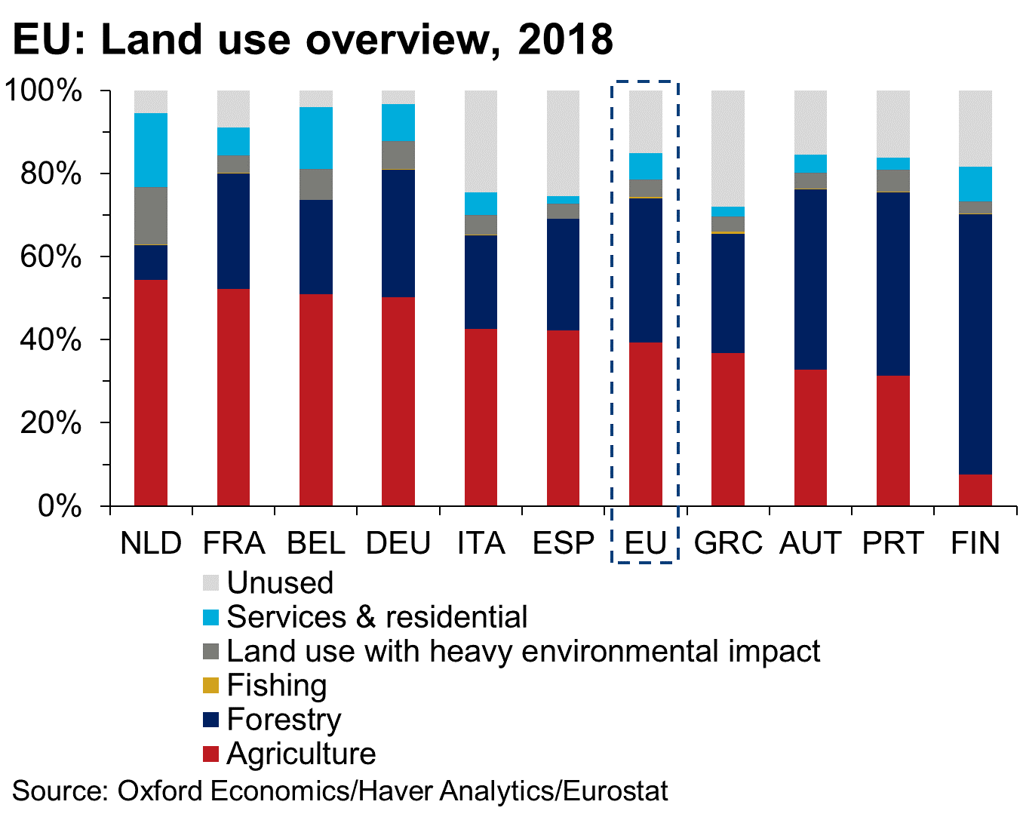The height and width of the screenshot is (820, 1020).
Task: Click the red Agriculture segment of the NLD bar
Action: [x=151, y=392]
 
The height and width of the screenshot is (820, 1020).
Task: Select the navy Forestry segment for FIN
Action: [x=975, y=344]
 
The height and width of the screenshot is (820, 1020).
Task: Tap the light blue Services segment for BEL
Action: [x=315, y=138]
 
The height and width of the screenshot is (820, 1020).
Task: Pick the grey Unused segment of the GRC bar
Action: [x=727, y=148]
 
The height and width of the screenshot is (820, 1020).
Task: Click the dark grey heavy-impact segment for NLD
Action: [x=151, y=215]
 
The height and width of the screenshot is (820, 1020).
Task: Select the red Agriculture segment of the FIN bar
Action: [x=975, y=490]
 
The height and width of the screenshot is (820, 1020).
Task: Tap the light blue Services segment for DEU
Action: [x=398, y=122]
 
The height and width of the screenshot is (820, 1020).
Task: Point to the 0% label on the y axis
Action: [x=60, y=506]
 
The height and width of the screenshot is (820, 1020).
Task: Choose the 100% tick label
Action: [x=43, y=91]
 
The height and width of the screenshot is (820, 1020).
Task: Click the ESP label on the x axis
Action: [x=563, y=543]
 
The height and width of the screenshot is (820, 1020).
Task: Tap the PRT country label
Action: [x=892, y=543]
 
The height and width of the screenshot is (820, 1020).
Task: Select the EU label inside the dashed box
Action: [x=646, y=543]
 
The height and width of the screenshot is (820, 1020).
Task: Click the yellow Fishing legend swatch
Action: [x=211, y=686]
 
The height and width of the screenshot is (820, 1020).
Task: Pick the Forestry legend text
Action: [x=284, y=720]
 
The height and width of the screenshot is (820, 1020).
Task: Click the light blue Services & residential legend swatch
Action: [x=211, y=617]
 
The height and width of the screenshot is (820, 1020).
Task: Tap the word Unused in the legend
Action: [x=280, y=583]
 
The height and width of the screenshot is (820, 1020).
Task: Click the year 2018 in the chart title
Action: [x=565, y=39]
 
